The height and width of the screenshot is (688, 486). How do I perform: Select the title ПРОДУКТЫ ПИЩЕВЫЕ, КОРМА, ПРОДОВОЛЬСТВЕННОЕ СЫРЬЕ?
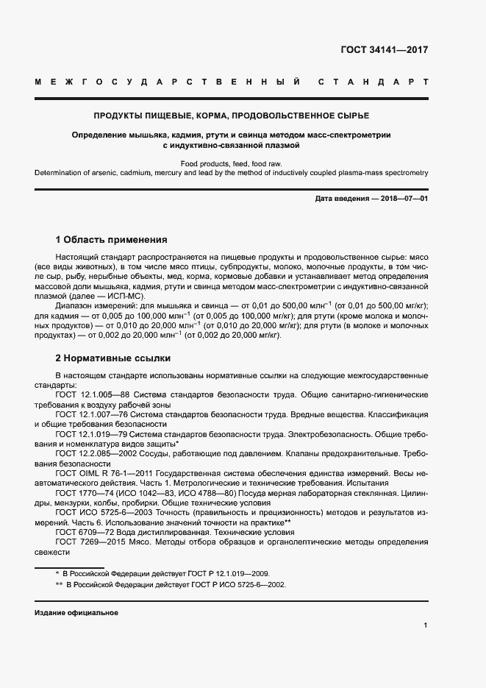pos(231,116)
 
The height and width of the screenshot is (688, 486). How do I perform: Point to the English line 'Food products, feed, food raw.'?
pos(231,163)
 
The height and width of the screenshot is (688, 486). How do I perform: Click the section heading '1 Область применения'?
pos(111,240)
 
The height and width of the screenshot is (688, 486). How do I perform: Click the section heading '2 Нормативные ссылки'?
pos(113,358)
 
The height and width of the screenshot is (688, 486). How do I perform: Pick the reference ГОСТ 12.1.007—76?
pos(93,414)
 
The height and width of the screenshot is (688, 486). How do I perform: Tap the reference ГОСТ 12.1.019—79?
pos(93,434)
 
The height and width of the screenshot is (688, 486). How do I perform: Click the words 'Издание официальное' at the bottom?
pos(76,613)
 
